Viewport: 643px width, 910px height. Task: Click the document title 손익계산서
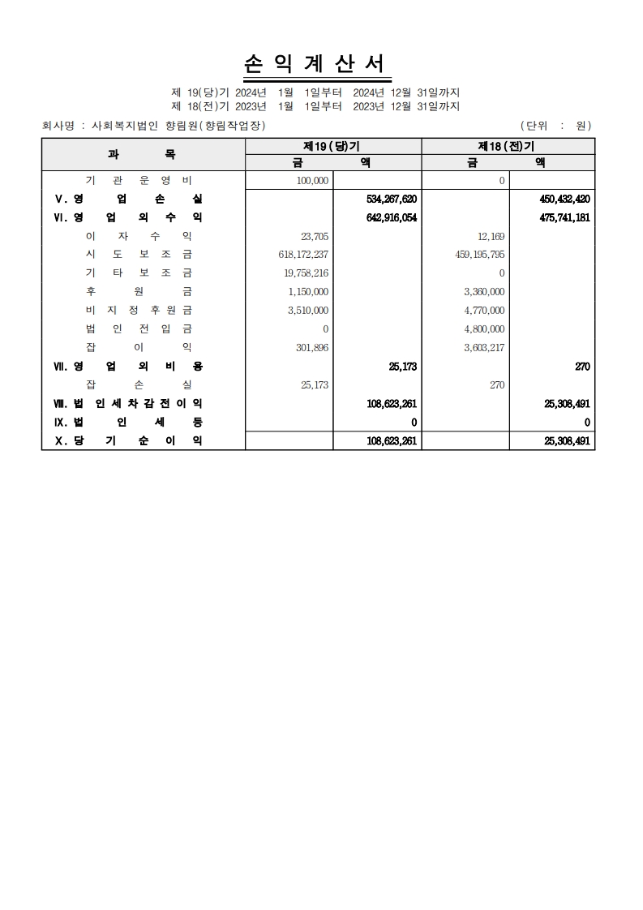point(316,65)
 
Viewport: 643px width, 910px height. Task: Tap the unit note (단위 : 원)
point(555,126)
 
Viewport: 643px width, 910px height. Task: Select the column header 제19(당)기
point(332,146)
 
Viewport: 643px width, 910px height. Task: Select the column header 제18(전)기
point(508,146)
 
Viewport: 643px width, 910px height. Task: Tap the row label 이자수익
point(139,236)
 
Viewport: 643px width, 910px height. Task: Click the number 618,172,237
point(303,255)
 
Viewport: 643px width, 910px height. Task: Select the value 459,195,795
point(478,255)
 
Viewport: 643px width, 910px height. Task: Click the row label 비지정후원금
point(139,310)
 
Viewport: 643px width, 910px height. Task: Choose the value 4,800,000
point(485,328)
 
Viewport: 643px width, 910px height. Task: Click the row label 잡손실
point(139,384)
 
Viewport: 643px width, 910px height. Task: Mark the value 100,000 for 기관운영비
point(314,180)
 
